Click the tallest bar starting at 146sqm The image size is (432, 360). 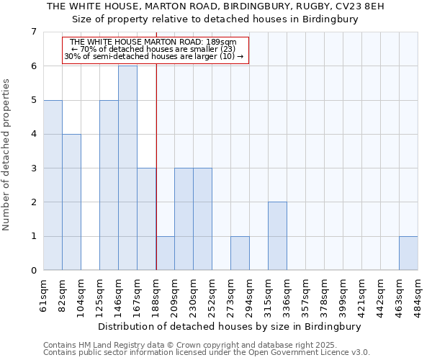click(127, 168)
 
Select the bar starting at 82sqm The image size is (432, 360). click(71, 202)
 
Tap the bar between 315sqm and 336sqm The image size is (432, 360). click(277, 236)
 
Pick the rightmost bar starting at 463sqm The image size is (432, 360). click(408, 253)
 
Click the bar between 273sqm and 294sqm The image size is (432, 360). click(240, 253)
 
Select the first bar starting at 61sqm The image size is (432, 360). click(53, 185)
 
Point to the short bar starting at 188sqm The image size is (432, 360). click(165, 253)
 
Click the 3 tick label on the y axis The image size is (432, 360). click(33, 168)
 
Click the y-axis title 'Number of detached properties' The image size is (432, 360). click(7, 155)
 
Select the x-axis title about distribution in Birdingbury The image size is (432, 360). click(228, 326)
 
